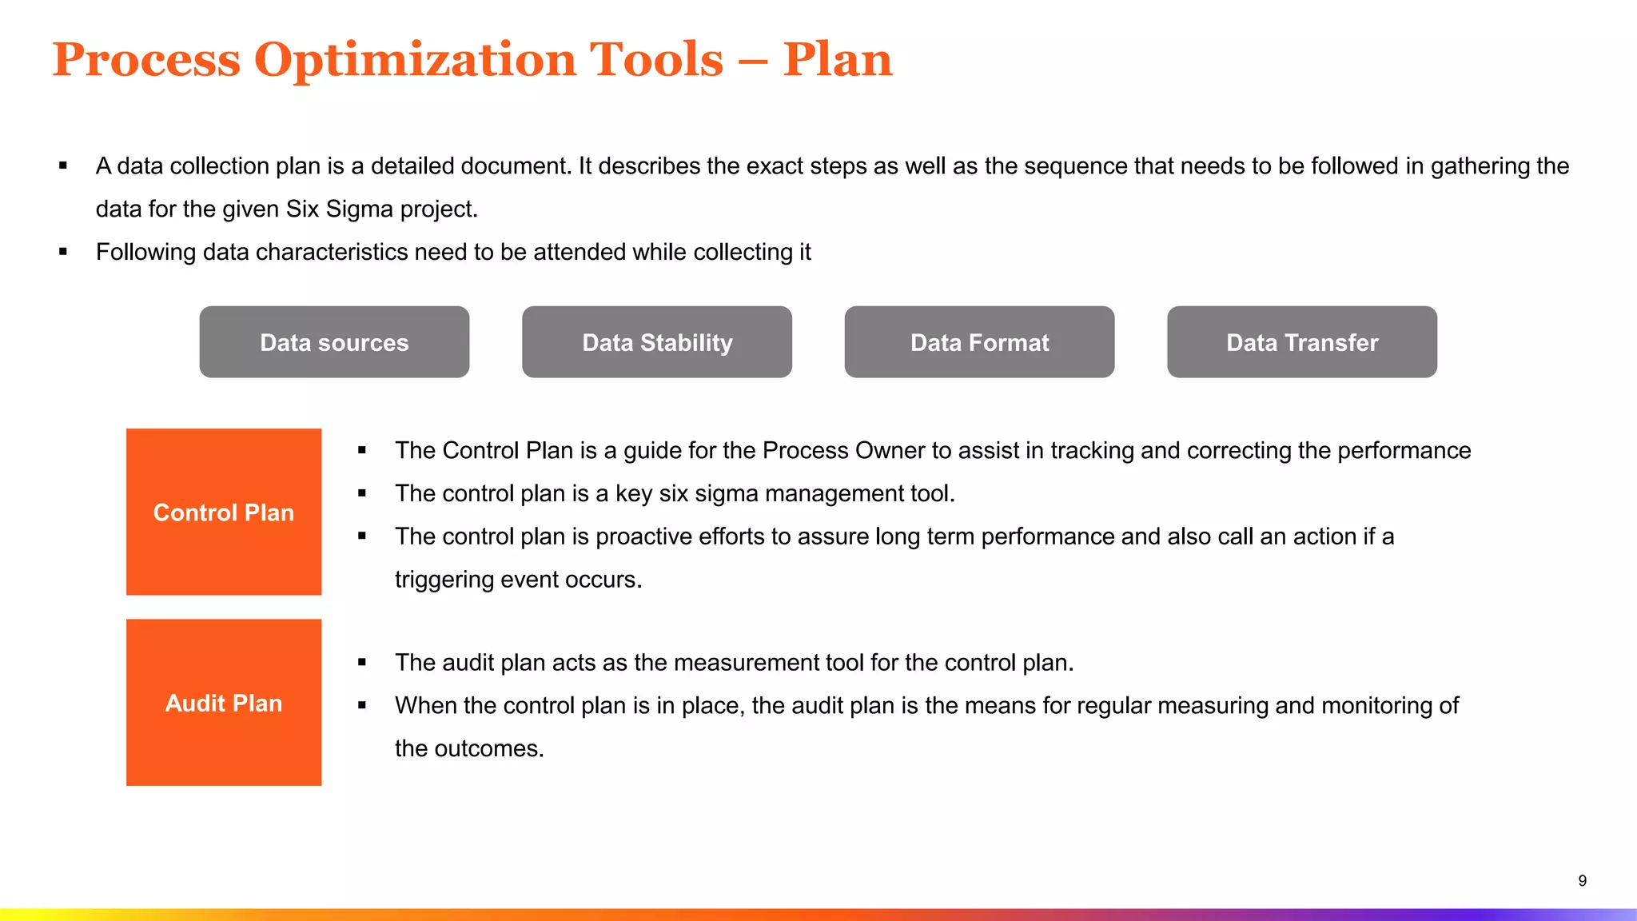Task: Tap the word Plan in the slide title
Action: coord(837,61)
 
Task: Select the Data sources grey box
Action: coord(334,342)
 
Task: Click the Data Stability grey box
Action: coord(657,342)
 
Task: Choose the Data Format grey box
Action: coord(979,342)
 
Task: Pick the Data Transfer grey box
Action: coord(1302,342)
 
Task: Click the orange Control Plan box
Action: coord(224,512)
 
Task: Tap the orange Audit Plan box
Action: coord(224,703)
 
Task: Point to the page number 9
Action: coord(1582,881)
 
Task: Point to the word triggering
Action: coord(444,580)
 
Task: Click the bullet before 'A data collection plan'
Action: coord(63,166)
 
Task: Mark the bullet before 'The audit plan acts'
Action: coord(362,663)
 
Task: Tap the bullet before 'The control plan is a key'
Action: coord(362,494)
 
